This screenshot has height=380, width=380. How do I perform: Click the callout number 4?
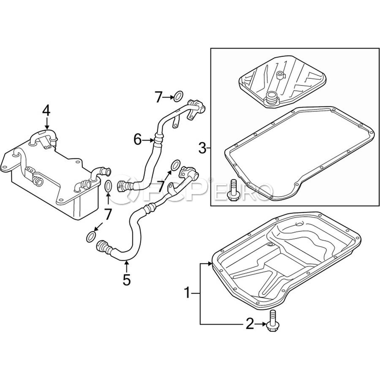tap(46, 111)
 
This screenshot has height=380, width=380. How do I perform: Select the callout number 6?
tap(138, 140)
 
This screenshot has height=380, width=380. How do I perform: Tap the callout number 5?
tap(127, 280)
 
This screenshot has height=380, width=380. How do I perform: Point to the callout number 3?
tap(202, 148)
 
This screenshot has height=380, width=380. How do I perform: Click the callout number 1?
tap(187, 293)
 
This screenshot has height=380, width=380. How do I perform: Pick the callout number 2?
tap(250, 324)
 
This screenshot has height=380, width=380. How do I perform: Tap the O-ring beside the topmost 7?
tap(178, 96)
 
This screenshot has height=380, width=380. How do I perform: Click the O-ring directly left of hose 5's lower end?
tap(91, 236)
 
